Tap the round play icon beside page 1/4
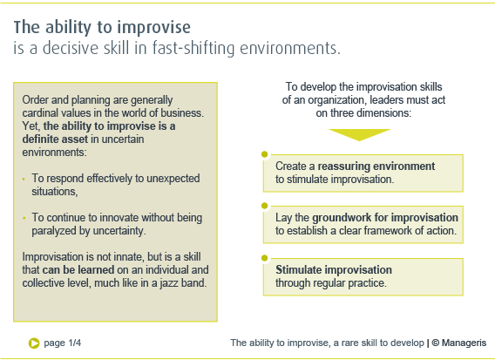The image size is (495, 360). (x=34, y=343)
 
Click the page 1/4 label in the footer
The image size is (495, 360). (x=63, y=343)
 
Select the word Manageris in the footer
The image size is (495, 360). (x=464, y=343)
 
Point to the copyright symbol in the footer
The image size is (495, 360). (x=436, y=343)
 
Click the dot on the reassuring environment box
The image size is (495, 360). (x=265, y=154)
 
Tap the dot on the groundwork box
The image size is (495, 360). (x=265, y=206)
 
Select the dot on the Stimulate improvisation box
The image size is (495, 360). (x=265, y=258)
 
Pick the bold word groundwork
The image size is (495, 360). (x=342, y=218)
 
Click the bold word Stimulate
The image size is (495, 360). (x=298, y=269)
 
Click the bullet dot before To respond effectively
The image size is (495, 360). (x=24, y=179)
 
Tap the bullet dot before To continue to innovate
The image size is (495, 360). (x=24, y=218)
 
